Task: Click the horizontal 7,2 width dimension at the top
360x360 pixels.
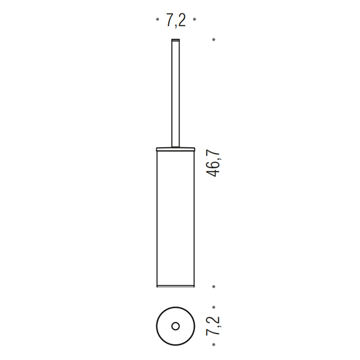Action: click(175, 21)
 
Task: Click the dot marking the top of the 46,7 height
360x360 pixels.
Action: click(214, 39)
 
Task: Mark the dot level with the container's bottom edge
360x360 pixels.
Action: click(214, 286)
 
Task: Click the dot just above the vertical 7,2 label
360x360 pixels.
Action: click(214, 305)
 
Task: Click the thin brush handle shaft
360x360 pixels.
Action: click(175, 93)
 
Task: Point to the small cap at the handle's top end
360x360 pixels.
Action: click(175, 39)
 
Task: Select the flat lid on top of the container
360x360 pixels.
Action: click(175, 149)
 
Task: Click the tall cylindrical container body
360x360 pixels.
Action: click(175, 216)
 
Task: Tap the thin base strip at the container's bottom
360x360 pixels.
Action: click(175, 285)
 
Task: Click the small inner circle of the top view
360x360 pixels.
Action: click(175, 326)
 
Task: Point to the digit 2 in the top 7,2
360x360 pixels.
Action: click(181, 21)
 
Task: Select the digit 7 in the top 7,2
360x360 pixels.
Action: click(169, 21)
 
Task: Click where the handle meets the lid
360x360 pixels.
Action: click(175, 147)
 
